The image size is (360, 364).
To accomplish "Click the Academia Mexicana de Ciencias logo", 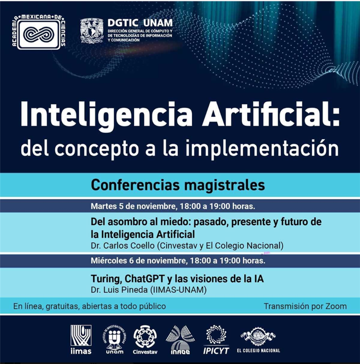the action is [x=39, y=32].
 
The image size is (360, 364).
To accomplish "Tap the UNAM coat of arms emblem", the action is [x=92, y=31].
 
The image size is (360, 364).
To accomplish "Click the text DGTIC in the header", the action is [x=123, y=23].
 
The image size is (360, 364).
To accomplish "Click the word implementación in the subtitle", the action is [x=262, y=149].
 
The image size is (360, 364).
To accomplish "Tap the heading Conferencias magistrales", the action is [x=178, y=185].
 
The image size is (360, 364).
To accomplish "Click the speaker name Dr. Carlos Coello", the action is [x=123, y=246].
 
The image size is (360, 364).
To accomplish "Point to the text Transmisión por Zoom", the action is [x=305, y=306].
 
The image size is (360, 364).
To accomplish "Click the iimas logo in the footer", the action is [x=81, y=339].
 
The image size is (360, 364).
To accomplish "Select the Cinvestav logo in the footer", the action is [x=145, y=339].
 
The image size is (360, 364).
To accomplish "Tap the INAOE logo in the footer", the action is [x=180, y=340].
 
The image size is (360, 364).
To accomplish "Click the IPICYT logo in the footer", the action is [x=216, y=340].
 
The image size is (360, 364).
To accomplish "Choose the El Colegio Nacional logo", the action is [x=258, y=340].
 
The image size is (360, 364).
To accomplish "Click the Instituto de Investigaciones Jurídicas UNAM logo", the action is [x=115, y=339].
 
